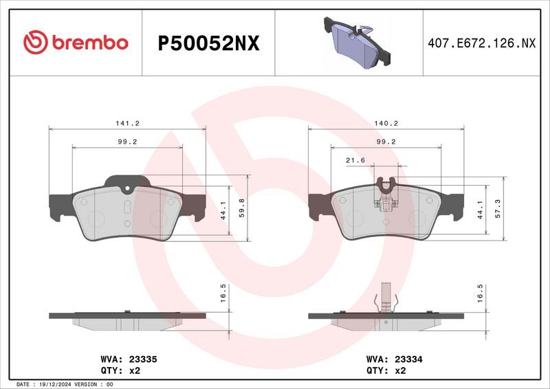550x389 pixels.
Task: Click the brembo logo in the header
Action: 76,43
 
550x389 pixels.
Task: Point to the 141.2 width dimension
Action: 127,123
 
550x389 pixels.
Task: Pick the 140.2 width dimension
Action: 386,123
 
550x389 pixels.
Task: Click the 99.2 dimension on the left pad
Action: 127,142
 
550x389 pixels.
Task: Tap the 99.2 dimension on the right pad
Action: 386,142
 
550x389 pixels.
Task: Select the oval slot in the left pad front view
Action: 127,206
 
